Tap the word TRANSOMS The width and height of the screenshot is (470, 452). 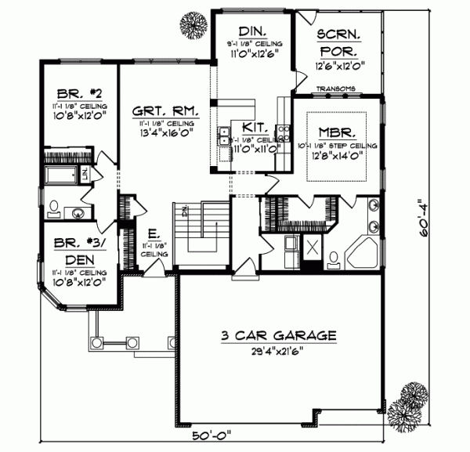337,89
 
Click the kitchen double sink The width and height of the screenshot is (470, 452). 223,137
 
